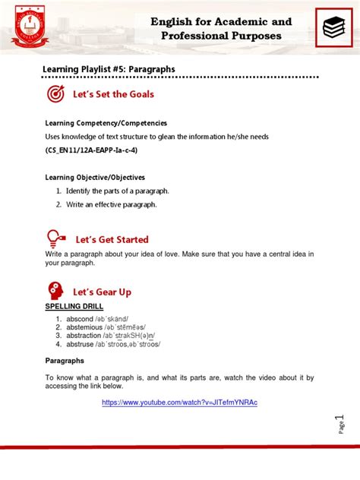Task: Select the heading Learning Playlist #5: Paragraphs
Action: pos(109,69)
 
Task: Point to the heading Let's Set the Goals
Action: pos(113,94)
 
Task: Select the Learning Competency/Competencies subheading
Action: pos(106,123)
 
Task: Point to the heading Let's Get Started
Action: pos(111,239)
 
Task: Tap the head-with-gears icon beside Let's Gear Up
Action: pos(55,292)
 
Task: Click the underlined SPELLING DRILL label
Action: pos(74,308)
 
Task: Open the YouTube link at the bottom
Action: pos(179,403)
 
